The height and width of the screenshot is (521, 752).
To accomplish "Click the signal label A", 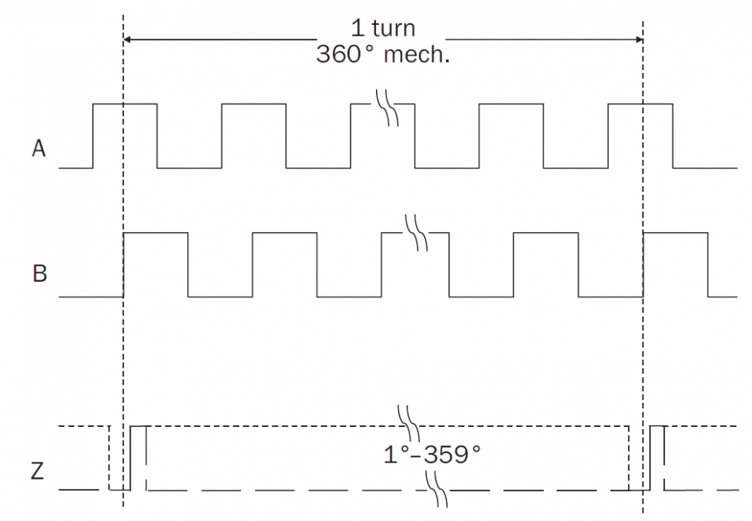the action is [39, 148].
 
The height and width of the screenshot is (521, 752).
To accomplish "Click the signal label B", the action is [40, 273].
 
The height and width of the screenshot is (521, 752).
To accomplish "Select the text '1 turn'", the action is [383, 28].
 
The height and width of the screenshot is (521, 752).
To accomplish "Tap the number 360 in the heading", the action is [338, 54].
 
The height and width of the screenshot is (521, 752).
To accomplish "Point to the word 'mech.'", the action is [417, 54].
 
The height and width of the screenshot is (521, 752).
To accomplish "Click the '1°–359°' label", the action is [431, 454].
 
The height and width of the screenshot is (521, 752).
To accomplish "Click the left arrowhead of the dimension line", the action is [128, 39].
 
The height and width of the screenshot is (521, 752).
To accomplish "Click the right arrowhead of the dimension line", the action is [639, 39].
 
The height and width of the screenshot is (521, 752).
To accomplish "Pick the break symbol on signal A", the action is [387, 107].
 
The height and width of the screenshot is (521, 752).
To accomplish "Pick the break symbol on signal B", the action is [416, 233].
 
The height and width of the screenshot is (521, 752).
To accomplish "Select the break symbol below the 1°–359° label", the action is [437, 489].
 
